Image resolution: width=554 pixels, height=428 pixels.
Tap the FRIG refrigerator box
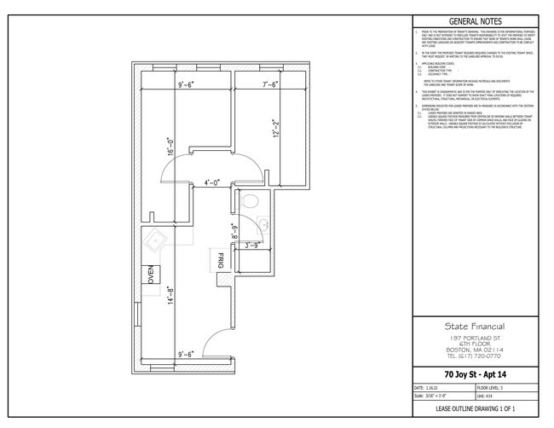[219, 261]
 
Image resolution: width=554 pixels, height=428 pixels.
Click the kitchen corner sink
[157, 241]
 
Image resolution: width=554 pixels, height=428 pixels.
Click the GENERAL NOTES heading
[475, 21]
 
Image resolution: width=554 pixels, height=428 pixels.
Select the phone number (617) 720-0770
[475, 356]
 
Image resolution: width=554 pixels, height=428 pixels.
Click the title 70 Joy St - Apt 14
[475, 374]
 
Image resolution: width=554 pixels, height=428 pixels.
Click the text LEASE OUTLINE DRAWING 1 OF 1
[475, 410]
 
